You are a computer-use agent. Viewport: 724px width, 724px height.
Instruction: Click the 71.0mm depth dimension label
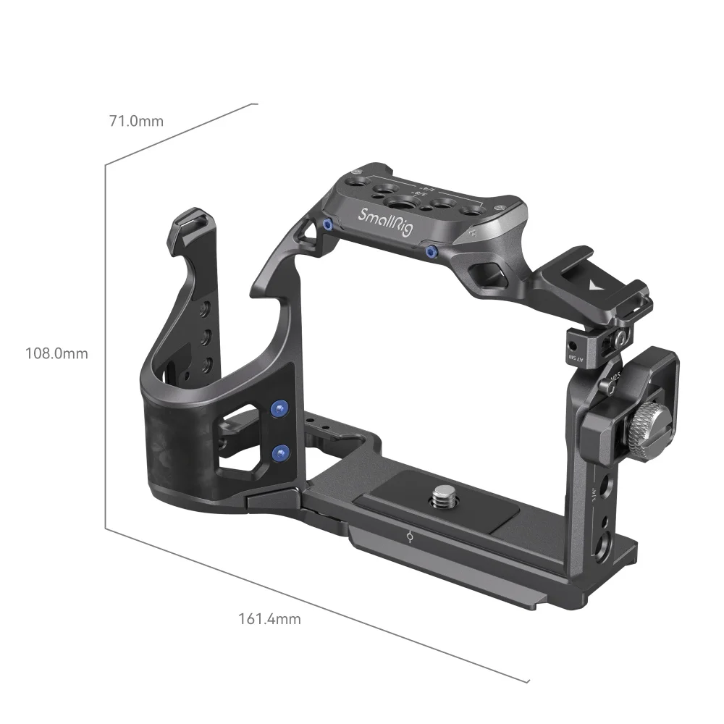pos(136,121)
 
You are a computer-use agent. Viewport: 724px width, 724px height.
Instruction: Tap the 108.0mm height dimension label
pos(56,353)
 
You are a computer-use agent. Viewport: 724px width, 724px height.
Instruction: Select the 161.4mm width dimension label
pos(269,619)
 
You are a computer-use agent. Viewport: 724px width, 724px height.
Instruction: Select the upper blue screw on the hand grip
pos(279,409)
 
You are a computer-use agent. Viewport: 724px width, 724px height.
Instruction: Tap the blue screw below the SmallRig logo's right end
pos(432,251)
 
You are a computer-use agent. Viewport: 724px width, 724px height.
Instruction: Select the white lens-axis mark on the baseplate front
pos(410,538)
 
